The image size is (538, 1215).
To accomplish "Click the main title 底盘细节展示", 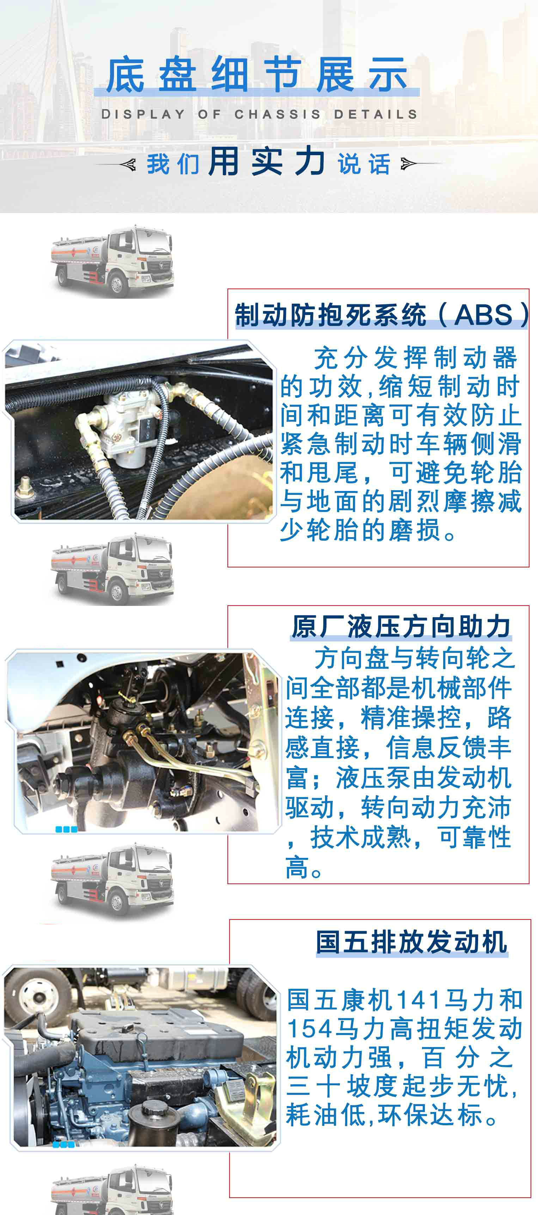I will click(257, 74).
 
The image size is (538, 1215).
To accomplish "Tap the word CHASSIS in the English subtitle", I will click(278, 114).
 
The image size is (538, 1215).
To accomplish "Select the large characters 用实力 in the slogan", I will click(267, 162).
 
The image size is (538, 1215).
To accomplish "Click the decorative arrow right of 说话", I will click(408, 164).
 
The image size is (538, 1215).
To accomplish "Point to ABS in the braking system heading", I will click(483, 315).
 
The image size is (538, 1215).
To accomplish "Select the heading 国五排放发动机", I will click(411, 942).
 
